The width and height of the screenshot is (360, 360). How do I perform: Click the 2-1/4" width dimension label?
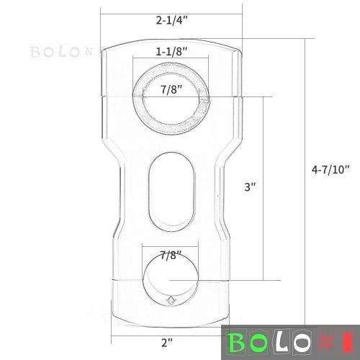tap(171, 21)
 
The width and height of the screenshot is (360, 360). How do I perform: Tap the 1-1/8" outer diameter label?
tap(171, 51)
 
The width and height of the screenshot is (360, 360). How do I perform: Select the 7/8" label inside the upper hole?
tap(171, 90)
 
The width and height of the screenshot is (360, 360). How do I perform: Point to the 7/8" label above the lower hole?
tap(171, 256)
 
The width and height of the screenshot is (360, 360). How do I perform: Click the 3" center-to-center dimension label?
tap(250, 187)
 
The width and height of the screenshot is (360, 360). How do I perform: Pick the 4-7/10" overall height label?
tap(330, 170)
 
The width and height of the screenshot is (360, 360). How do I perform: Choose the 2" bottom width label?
tap(167, 343)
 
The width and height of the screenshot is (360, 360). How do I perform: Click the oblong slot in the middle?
tap(171, 193)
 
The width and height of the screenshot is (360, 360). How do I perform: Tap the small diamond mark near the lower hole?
tap(171, 300)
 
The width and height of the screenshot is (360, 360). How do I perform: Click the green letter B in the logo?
tap(237, 343)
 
